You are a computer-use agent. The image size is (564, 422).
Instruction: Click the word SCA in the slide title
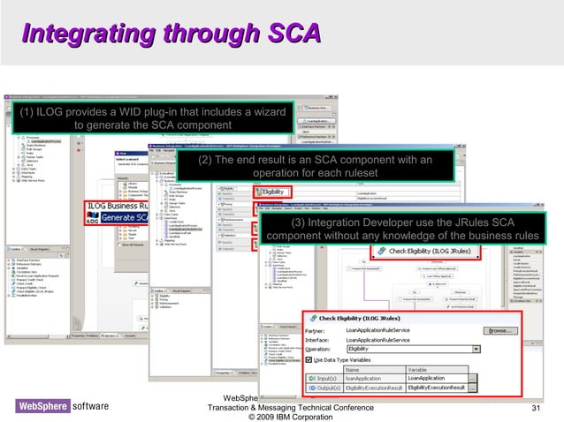288,34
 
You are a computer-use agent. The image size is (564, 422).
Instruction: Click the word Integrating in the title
78,34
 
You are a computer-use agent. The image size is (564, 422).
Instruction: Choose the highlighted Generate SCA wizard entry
129,217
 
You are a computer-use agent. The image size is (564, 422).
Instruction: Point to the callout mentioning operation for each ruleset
315,166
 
